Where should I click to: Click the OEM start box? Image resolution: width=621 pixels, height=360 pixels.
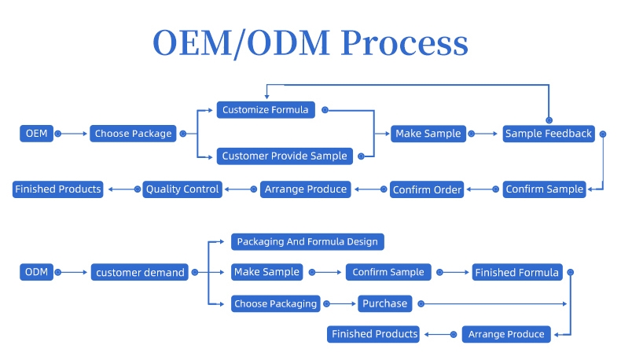point(36,134)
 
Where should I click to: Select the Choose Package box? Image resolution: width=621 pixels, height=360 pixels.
point(133,134)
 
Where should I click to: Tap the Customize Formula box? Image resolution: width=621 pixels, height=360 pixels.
point(266,109)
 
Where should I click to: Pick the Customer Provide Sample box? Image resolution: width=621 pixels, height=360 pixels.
point(284,156)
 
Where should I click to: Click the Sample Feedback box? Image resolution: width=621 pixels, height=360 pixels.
point(548,134)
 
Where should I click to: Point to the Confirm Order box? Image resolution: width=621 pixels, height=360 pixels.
point(427,189)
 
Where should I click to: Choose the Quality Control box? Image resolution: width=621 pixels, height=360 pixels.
point(182,189)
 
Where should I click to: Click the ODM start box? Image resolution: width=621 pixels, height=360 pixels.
point(36,273)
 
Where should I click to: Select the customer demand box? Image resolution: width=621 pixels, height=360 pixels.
point(140,273)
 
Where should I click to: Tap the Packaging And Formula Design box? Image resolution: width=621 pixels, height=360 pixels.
point(307,242)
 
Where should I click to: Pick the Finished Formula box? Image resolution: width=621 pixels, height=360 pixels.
point(516,273)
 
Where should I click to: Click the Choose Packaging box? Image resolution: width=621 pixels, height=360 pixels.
point(275,303)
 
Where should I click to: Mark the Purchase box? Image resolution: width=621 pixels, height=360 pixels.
point(385,303)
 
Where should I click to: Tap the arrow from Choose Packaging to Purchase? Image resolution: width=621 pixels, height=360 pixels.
point(340,303)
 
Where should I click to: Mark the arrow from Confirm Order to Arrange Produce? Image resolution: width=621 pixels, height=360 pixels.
point(369,189)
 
